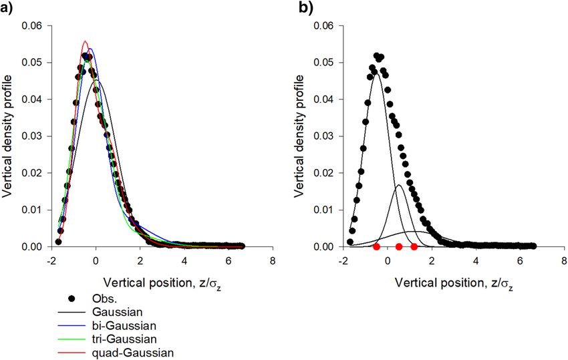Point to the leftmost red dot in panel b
point(376,247)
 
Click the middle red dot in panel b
point(399,247)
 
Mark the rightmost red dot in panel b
point(414,247)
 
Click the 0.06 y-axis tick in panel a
point(33,26)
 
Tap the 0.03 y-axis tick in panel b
point(325,136)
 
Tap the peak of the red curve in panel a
point(85,41)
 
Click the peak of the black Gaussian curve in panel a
point(96,80)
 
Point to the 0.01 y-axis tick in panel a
point(33,210)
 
